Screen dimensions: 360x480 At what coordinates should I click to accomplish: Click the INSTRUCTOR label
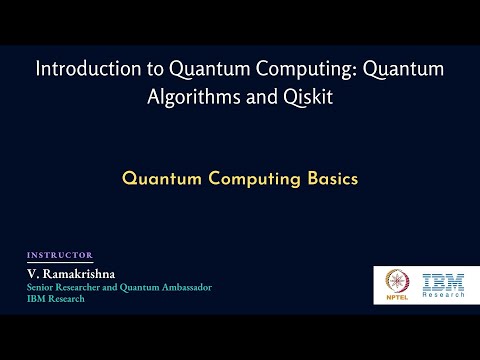coord(60,255)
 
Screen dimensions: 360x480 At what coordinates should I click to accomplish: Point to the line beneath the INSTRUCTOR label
coord(60,262)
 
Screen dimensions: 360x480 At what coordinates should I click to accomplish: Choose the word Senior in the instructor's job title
coord(42,287)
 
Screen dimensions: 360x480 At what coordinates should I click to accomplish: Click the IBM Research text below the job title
coord(55,299)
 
